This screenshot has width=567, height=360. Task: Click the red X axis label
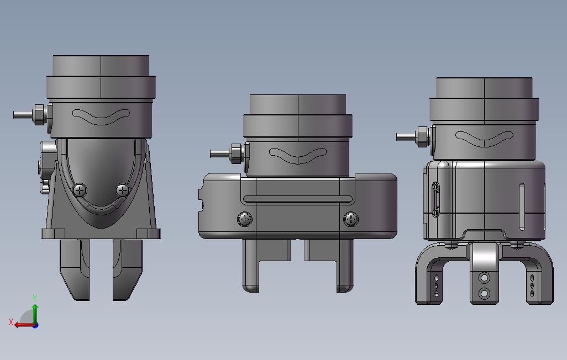click(11, 322)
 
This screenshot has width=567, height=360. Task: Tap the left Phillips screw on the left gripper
click(80, 190)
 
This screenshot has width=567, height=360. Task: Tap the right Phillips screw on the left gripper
click(123, 190)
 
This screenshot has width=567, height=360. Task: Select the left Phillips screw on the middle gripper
click(245, 219)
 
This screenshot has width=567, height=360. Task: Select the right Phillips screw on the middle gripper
click(350, 219)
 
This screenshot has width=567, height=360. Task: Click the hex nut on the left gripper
click(39, 115)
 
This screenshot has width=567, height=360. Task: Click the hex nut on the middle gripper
click(235, 153)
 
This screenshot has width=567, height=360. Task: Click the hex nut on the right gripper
click(422, 136)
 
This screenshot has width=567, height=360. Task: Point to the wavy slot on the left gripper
click(101, 117)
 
